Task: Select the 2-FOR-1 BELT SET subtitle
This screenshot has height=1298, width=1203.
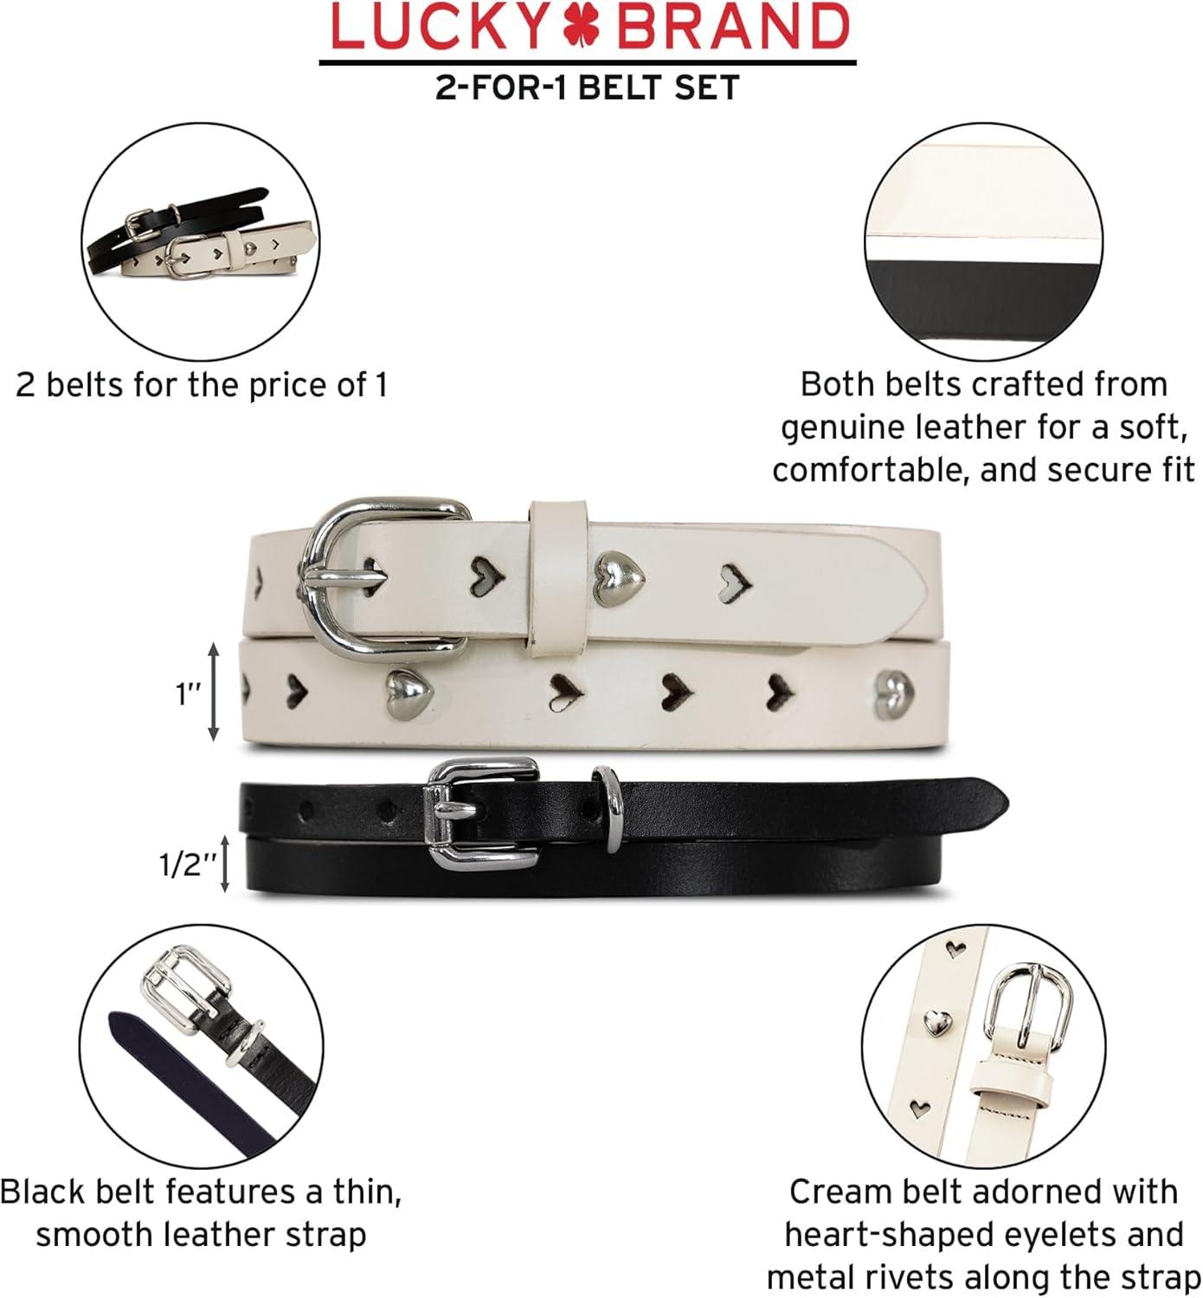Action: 587,87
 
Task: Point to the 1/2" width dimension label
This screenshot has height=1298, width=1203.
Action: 188,864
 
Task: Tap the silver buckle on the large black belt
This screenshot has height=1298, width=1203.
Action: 481,813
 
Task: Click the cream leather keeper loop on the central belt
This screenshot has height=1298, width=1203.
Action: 557,577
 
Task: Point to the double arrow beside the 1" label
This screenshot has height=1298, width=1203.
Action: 213,692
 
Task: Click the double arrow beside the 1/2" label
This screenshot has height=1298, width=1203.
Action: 224,864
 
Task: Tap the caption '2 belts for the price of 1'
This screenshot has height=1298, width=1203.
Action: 202,385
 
